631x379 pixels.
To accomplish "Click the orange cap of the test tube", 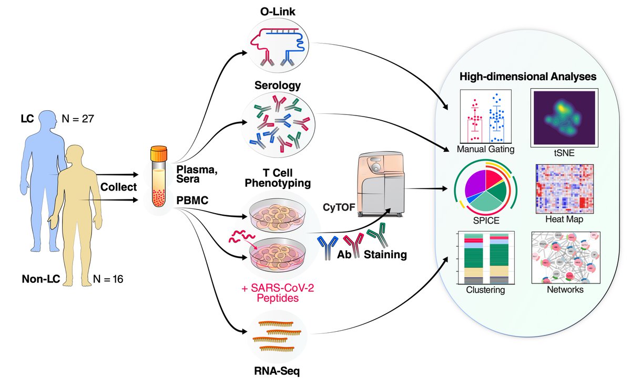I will [x=158, y=154].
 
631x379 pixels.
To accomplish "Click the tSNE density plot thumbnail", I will [x=563, y=117].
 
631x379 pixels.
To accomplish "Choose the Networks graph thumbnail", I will [x=564, y=256].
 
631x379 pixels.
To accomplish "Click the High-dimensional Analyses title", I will [x=527, y=77].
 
